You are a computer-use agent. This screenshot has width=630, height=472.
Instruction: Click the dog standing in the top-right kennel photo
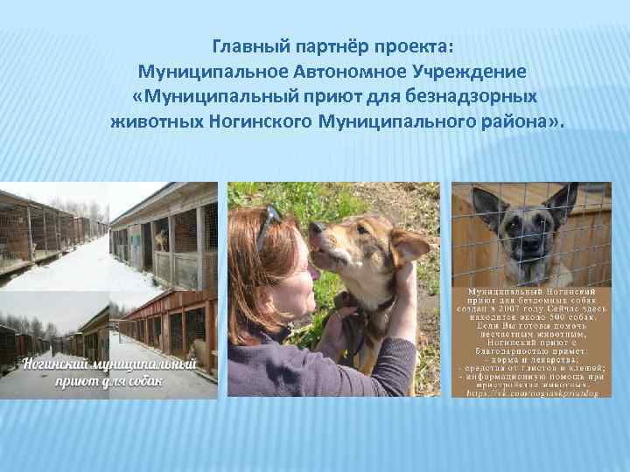(x=160, y=238)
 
